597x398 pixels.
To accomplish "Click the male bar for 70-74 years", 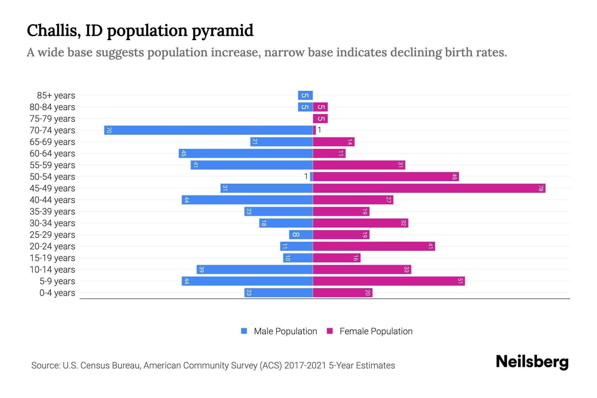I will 208,130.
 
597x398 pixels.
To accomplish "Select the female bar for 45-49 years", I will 429,188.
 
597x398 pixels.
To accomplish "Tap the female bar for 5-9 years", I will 389,281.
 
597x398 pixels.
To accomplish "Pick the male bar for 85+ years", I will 305,96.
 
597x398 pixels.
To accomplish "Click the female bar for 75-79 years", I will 320,118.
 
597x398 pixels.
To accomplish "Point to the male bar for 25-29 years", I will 301,234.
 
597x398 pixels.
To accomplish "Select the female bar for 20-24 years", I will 374,246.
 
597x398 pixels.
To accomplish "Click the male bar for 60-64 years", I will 245,153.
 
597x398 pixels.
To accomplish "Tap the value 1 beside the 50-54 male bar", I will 306,176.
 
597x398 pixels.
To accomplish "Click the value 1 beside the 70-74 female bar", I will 319,130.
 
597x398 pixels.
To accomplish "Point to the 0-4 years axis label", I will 57,293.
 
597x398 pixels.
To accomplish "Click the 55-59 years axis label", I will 52,165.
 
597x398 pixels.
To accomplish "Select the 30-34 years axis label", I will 52,223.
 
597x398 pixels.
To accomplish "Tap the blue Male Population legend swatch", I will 244,331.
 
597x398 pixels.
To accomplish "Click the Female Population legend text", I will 376,331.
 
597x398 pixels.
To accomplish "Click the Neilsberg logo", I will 532,362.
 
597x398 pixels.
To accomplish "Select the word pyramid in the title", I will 223,31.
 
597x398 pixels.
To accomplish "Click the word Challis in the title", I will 53,31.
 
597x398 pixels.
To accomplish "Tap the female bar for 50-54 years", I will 386,176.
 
